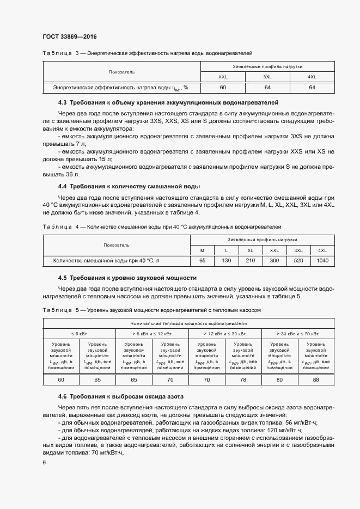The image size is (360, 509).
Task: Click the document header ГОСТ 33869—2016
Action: point(66,36)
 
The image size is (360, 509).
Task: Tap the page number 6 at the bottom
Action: point(44,463)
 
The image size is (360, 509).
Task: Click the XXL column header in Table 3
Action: point(223,77)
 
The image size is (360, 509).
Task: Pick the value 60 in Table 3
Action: point(223,87)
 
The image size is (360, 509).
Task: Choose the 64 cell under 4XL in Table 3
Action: point(312,87)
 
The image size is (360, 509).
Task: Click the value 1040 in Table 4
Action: point(322,261)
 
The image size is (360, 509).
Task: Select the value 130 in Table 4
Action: point(227,261)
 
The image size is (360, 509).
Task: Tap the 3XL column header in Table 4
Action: point(298,250)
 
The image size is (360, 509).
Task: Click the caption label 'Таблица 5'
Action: point(61,310)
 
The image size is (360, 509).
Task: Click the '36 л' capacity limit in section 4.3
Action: point(72,174)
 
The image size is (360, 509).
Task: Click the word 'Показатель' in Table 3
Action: point(121,72)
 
